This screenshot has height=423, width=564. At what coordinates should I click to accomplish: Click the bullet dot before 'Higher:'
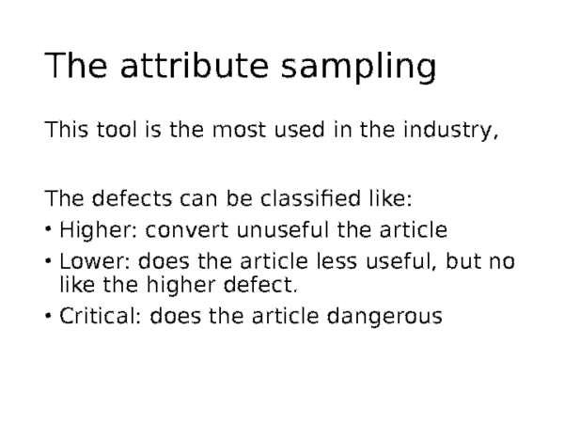[x=49, y=231]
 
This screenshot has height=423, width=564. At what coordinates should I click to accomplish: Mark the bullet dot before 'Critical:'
[x=49, y=317]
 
